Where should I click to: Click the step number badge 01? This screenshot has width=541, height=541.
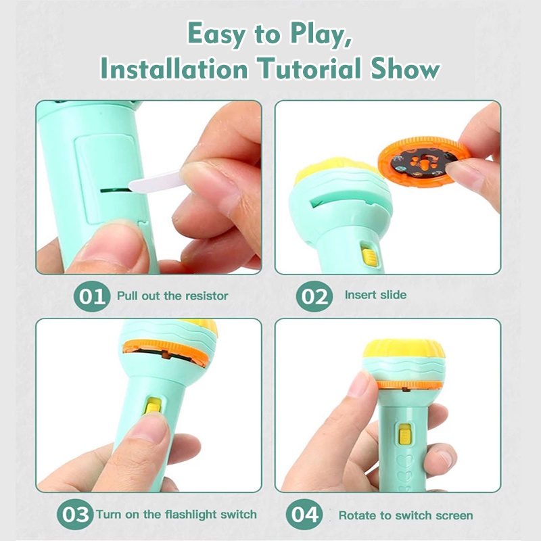pyautogui.click(x=92, y=296)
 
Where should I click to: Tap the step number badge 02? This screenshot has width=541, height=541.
pyautogui.click(x=314, y=296)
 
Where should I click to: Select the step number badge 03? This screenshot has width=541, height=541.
pyautogui.click(x=75, y=515)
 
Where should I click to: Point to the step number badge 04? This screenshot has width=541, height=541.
pyautogui.click(x=304, y=515)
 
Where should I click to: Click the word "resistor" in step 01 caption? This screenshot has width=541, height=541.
pyautogui.click(x=206, y=296)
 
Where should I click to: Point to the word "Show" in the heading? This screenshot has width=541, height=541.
pyautogui.click(x=405, y=68)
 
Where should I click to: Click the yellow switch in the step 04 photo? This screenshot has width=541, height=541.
pyautogui.click(x=405, y=434)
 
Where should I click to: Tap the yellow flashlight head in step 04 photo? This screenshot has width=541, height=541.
pyautogui.click(x=404, y=349)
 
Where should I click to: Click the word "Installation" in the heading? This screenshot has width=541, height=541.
pyautogui.click(x=174, y=68)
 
